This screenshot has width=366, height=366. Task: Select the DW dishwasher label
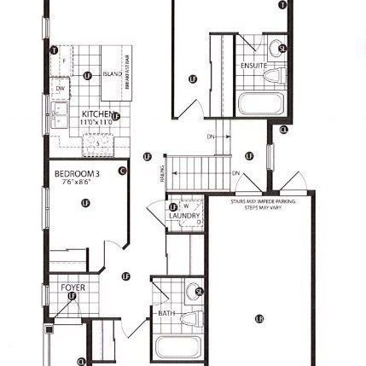61,88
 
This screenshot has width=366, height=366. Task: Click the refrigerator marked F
64,60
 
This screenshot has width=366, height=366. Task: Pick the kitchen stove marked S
97,144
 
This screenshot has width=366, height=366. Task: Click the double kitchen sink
60,113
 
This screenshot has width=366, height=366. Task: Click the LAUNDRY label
184,216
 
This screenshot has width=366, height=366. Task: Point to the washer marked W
186,206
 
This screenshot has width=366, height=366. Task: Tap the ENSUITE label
254,65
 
